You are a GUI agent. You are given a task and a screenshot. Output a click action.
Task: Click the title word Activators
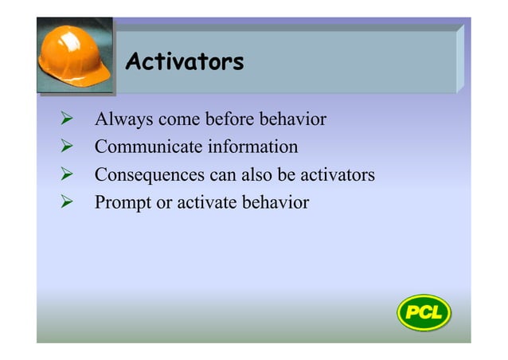[185, 61]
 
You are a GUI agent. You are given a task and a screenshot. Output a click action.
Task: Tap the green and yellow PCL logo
[424, 311]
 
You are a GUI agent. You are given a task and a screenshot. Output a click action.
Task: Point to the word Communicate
[148, 147]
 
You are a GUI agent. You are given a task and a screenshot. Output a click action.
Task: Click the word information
[253, 147]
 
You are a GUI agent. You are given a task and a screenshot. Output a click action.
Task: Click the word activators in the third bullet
[339, 175]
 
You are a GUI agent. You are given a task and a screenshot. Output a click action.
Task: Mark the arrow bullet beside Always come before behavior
[68, 120]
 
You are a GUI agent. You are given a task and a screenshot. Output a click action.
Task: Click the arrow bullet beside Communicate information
[68, 147]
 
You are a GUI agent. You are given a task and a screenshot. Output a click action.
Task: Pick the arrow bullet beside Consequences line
[68, 175]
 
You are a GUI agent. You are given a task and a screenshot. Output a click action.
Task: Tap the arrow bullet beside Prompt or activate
[68, 202]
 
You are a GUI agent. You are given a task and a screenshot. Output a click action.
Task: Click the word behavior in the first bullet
[294, 120]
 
